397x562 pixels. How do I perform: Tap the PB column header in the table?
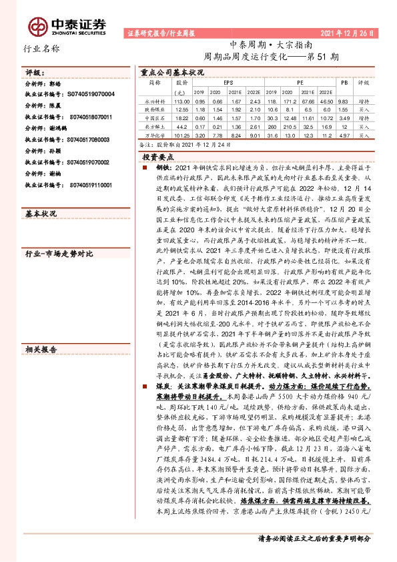click(x=344, y=83)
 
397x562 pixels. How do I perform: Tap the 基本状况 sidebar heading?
click(x=41, y=214)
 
